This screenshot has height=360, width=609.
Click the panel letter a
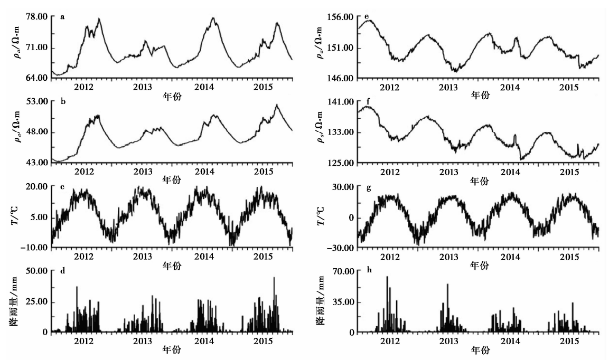click(x=62, y=17)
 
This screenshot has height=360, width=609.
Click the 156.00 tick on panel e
click(x=342, y=17)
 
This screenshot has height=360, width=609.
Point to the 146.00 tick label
click(x=342, y=78)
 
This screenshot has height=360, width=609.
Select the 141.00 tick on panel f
click(x=342, y=101)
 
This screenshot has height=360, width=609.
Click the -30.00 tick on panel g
click(x=341, y=248)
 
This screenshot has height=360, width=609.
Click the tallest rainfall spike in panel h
click(x=387, y=277)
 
